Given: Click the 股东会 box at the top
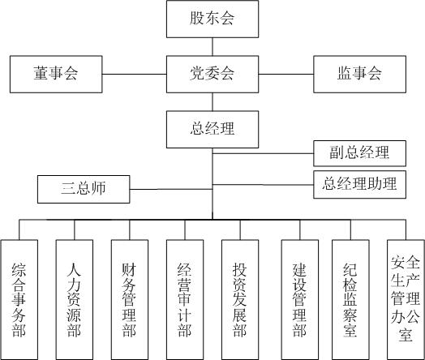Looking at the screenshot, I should (x=212, y=19).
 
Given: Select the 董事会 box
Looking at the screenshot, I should (x=55, y=74).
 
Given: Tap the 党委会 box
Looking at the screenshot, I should (x=212, y=74).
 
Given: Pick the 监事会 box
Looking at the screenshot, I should (x=359, y=74).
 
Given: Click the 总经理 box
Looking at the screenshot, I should (x=212, y=128).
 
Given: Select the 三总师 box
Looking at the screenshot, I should (x=84, y=190).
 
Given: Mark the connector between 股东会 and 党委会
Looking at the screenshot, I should (x=212, y=46).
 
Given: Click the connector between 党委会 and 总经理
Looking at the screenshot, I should (x=212, y=101).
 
